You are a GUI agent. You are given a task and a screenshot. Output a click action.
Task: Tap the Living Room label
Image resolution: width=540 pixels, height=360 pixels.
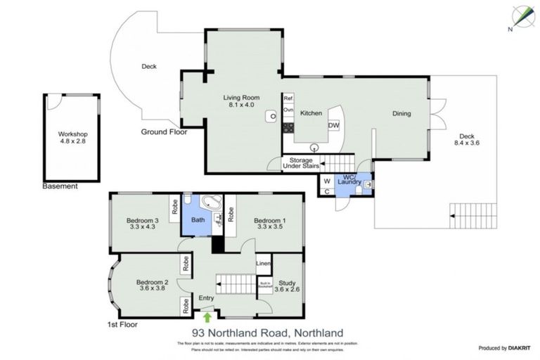pyautogui.click(x=240, y=98)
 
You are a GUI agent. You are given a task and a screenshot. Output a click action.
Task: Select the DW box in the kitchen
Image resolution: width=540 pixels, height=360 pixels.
pyautogui.click(x=333, y=125)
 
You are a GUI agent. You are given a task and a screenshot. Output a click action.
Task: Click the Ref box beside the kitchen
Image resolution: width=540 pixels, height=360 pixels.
pyautogui.click(x=288, y=98)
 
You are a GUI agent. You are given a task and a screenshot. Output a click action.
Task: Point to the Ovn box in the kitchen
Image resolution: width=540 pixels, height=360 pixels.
pyautogui.click(x=288, y=110)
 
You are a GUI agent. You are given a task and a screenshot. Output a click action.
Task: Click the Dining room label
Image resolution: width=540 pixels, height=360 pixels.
pyautogui.click(x=401, y=114)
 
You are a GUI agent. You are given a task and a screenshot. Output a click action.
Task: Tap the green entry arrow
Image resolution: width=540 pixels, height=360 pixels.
pyautogui.click(x=206, y=316)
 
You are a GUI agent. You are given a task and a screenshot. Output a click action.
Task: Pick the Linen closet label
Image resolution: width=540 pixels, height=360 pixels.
pyautogui.click(x=262, y=264)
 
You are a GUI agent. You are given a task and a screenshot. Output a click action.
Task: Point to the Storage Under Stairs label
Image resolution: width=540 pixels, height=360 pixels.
pyautogui.click(x=301, y=163)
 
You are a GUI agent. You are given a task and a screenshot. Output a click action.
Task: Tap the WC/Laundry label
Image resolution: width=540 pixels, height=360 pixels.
pyautogui.click(x=347, y=179)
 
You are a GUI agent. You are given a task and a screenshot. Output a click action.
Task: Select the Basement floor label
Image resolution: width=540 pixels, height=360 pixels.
pyautogui.click(x=60, y=186)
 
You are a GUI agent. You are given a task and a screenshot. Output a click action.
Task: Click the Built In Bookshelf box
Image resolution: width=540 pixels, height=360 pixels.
pyautogui.click(x=264, y=286)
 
